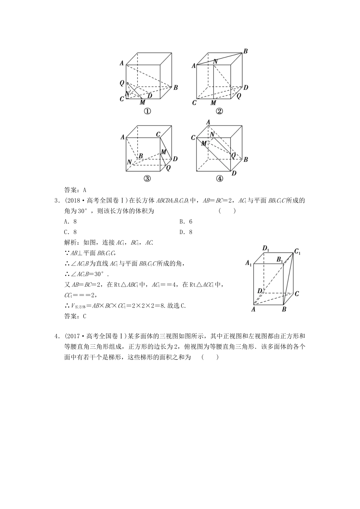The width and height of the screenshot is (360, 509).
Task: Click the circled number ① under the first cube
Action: click(x=147, y=111)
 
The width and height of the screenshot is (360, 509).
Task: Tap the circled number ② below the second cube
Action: click(x=219, y=111)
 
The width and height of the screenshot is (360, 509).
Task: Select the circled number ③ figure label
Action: click(x=147, y=179)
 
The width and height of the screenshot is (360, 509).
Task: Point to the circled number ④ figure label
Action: click(x=219, y=179)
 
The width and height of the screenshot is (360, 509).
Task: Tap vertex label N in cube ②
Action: click(x=215, y=61)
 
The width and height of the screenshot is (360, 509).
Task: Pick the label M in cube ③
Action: click(x=164, y=152)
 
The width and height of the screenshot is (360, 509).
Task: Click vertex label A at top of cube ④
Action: click(x=208, y=122)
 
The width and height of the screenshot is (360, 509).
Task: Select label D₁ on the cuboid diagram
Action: click(x=266, y=249)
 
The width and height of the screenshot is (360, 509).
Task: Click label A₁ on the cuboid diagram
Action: click(x=249, y=263)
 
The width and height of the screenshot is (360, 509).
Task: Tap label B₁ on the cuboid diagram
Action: click(x=280, y=260)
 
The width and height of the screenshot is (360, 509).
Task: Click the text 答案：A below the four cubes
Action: click(x=75, y=190)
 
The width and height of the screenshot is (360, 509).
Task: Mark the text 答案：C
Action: click(x=75, y=316)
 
